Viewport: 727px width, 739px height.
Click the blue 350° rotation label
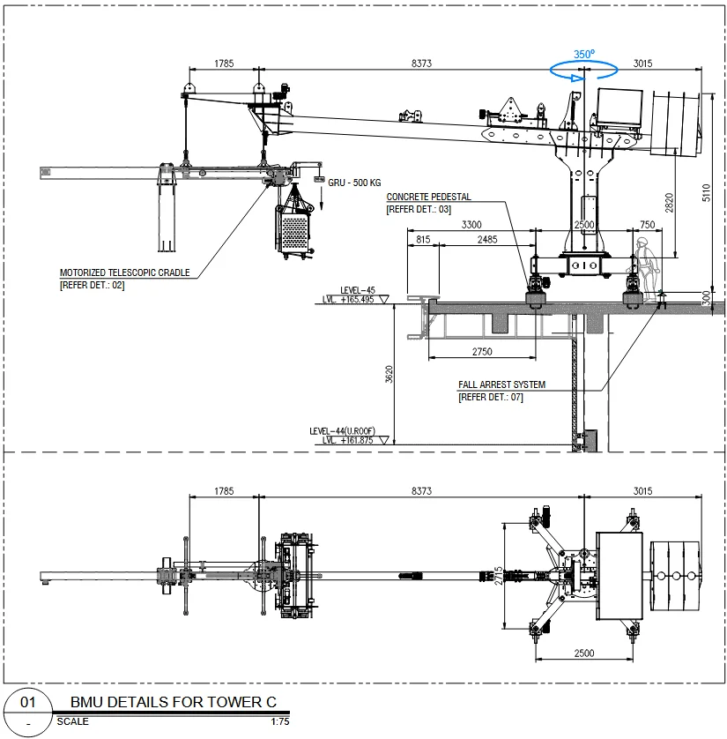[x=584, y=54]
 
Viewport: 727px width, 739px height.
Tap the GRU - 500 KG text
[x=354, y=183]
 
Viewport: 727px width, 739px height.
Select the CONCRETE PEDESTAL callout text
[x=428, y=197]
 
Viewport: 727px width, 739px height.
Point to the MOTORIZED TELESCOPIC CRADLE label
[x=125, y=272]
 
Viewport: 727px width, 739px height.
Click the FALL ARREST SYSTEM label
[x=502, y=384]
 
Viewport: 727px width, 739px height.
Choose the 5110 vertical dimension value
[x=706, y=193]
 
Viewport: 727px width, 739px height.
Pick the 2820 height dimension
[x=669, y=203]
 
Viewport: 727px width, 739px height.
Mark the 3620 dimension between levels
[x=389, y=374]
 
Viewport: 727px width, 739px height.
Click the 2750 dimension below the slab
[x=482, y=352]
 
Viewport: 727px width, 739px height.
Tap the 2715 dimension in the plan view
[x=499, y=576]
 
